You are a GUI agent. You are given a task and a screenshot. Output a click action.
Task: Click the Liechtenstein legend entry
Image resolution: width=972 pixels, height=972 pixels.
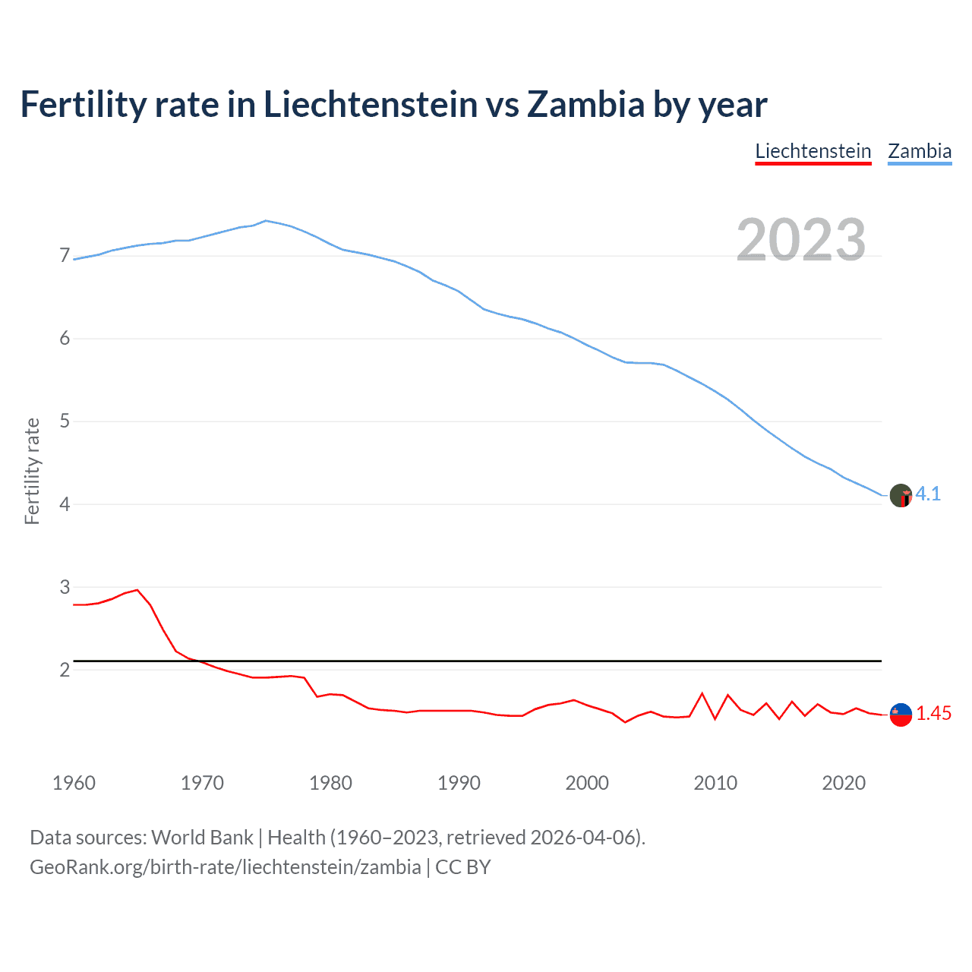click(x=813, y=151)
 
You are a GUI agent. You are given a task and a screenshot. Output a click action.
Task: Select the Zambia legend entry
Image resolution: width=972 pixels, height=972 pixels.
click(x=920, y=151)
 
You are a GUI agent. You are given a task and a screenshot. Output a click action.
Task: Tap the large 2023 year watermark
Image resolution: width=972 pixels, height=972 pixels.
click(x=800, y=240)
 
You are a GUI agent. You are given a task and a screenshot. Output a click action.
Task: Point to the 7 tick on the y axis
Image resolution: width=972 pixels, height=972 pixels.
click(x=65, y=256)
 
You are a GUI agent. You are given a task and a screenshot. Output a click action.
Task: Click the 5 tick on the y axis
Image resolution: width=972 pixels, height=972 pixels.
click(x=65, y=421)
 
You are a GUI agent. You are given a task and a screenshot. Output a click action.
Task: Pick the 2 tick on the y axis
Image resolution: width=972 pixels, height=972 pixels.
click(x=65, y=670)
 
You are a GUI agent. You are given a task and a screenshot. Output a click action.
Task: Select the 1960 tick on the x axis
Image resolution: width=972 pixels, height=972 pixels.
click(x=74, y=783)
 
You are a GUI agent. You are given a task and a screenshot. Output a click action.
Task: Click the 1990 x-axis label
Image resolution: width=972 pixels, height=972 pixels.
click(x=459, y=783)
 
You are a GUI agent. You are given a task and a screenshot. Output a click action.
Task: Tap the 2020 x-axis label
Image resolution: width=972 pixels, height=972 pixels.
click(x=844, y=783)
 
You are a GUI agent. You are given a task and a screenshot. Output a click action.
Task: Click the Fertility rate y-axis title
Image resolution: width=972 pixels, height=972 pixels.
click(x=32, y=471)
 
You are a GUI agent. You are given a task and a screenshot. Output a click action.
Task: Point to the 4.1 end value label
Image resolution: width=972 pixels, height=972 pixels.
click(x=928, y=494)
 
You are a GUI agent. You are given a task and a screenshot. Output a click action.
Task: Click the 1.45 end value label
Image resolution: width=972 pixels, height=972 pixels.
click(x=933, y=714)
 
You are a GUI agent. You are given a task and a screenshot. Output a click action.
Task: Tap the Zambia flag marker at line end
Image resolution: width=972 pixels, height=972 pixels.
click(x=901, y=496)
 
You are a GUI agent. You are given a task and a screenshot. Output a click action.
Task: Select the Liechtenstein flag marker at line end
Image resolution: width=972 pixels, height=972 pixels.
click(x=901, y=715)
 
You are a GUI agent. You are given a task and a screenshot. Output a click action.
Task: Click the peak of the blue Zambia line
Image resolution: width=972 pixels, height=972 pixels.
click(x=265, y=221)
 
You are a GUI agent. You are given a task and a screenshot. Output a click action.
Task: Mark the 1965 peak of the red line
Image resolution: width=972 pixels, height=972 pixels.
click(x=137, y=590)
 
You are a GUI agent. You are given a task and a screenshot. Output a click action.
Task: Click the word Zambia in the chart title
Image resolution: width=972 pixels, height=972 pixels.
click(x=585, y=105)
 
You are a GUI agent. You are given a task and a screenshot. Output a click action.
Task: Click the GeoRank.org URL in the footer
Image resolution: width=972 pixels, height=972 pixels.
click(x=225, y=867)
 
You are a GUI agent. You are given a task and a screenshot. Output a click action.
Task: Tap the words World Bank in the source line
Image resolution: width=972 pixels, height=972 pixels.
click(x=202, y=838)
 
